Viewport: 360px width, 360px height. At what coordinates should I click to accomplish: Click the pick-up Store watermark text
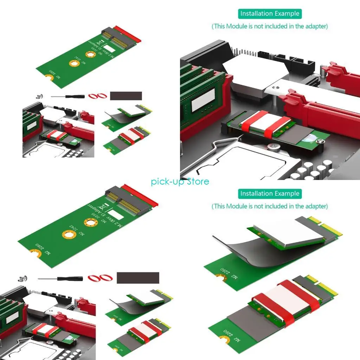[180, 181]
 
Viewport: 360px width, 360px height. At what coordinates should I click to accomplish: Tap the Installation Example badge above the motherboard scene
[270, 14]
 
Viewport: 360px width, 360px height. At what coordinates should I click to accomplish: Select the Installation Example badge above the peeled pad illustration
[270, 194]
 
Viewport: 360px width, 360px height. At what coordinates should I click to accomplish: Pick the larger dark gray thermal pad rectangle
[138, 278]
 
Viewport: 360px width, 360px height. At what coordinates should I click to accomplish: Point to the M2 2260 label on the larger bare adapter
[44, 249]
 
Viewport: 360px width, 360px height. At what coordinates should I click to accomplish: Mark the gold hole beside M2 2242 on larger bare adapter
[69, 234]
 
